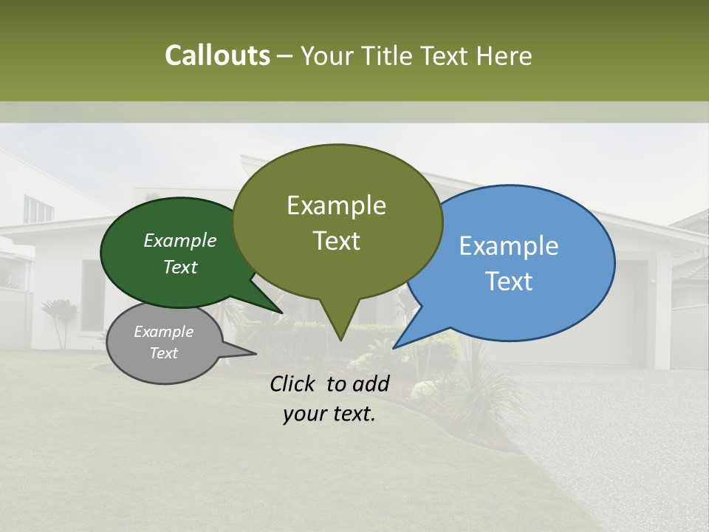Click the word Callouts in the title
pyautogui.click(x=217, y=55)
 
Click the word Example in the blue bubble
pyautogui.click(x=509, y=246)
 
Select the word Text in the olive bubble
pyautogui.click(x=337, y=241)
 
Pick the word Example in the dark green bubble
pyautogui.click(x=180, y=240)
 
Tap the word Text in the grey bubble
pyautogui.click(x=164, y=353)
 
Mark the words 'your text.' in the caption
pyautogui.click(x=329, y=414)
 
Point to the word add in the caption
pyautogui.click(x=370, y=383)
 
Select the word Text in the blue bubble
pyautogui.click(x=509, y=282)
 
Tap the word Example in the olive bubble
pyautogui.click(x=337, y=205)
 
